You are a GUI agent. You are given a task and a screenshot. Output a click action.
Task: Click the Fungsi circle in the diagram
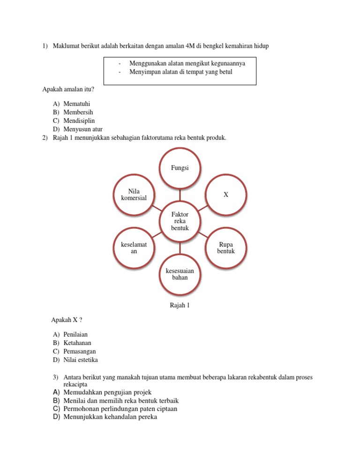[x=180, y=168]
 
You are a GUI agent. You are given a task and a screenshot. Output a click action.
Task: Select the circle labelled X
[x=226, y=194]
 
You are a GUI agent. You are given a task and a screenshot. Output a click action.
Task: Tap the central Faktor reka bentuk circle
[x=180, y=221]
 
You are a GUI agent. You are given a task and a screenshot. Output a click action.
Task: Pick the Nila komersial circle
[x=134, y=195]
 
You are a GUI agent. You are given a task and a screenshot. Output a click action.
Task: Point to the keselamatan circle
[x=134, y=248]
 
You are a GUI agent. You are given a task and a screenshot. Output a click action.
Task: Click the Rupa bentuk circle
[x=226, y=248]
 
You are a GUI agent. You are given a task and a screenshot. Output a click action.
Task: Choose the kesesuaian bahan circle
[x=180, y=274]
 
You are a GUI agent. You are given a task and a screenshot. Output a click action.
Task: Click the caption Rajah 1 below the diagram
[x=180, y=306]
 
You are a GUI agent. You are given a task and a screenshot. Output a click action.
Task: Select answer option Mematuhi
[x=77, y=104]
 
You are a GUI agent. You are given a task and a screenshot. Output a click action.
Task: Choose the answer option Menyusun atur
[x=82, y=129]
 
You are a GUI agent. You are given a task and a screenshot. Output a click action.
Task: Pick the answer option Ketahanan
[x=77, y=343]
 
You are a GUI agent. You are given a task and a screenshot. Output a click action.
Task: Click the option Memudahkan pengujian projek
[x=107, y=392]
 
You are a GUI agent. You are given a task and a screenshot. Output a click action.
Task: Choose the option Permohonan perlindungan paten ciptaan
[x=120, y=409]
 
